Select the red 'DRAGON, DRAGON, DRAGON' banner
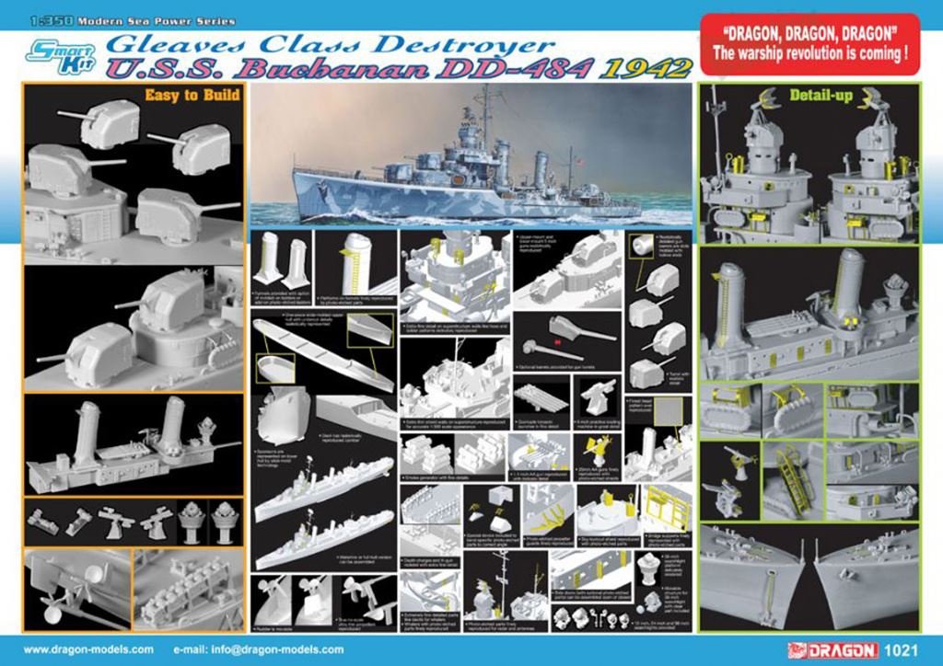[809, 40]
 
